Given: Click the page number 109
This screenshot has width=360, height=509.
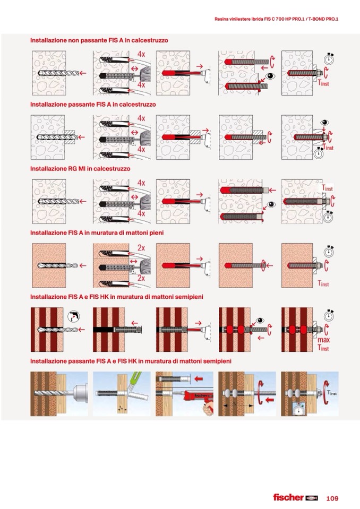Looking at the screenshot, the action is pyautogui.click(x=332, y=498).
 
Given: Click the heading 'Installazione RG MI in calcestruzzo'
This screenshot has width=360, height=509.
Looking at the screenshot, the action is pyautogui.click(x=80, y=169).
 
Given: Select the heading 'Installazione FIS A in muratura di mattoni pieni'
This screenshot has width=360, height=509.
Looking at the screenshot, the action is pyautogui.click(x=97, y=233).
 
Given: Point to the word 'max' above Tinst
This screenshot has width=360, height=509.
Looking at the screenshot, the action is pyautogui.click(x=324, y=340).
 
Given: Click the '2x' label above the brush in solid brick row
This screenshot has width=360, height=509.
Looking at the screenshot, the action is pyautogui.click(x=141, y=248).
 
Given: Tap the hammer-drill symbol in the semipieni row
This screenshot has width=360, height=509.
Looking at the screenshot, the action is pyautogui.click(x=74, y=316).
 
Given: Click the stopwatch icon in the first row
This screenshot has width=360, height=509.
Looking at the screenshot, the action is pyautogui.click(x=329, y=59).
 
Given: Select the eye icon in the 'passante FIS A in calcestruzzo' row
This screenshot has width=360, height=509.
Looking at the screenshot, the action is pyautogui.click(x=324, y=123).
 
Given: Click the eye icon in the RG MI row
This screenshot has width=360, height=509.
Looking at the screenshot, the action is pyautogui.click(x=271, y=204).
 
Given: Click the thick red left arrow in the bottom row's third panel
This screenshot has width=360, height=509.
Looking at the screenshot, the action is pyautogui.click(x=199, y=378).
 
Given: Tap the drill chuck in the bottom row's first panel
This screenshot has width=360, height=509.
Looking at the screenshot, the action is pyautogui.click(x=80, y=394).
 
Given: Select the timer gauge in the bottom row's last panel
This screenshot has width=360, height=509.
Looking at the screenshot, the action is pyautogui.click(x=300, y=409).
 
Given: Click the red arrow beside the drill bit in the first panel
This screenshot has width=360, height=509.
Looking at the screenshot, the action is pyautogui.click(x=83, y=73).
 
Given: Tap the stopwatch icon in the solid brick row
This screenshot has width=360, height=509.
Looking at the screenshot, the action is pyautogui.click(x=329, y=252).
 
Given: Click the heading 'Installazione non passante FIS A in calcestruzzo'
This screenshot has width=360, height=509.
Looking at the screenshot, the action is pyautogui.click(x=99, y=40).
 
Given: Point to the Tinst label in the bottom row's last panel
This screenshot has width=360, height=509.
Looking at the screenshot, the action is pyautogui.click(x=332, y=393).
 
